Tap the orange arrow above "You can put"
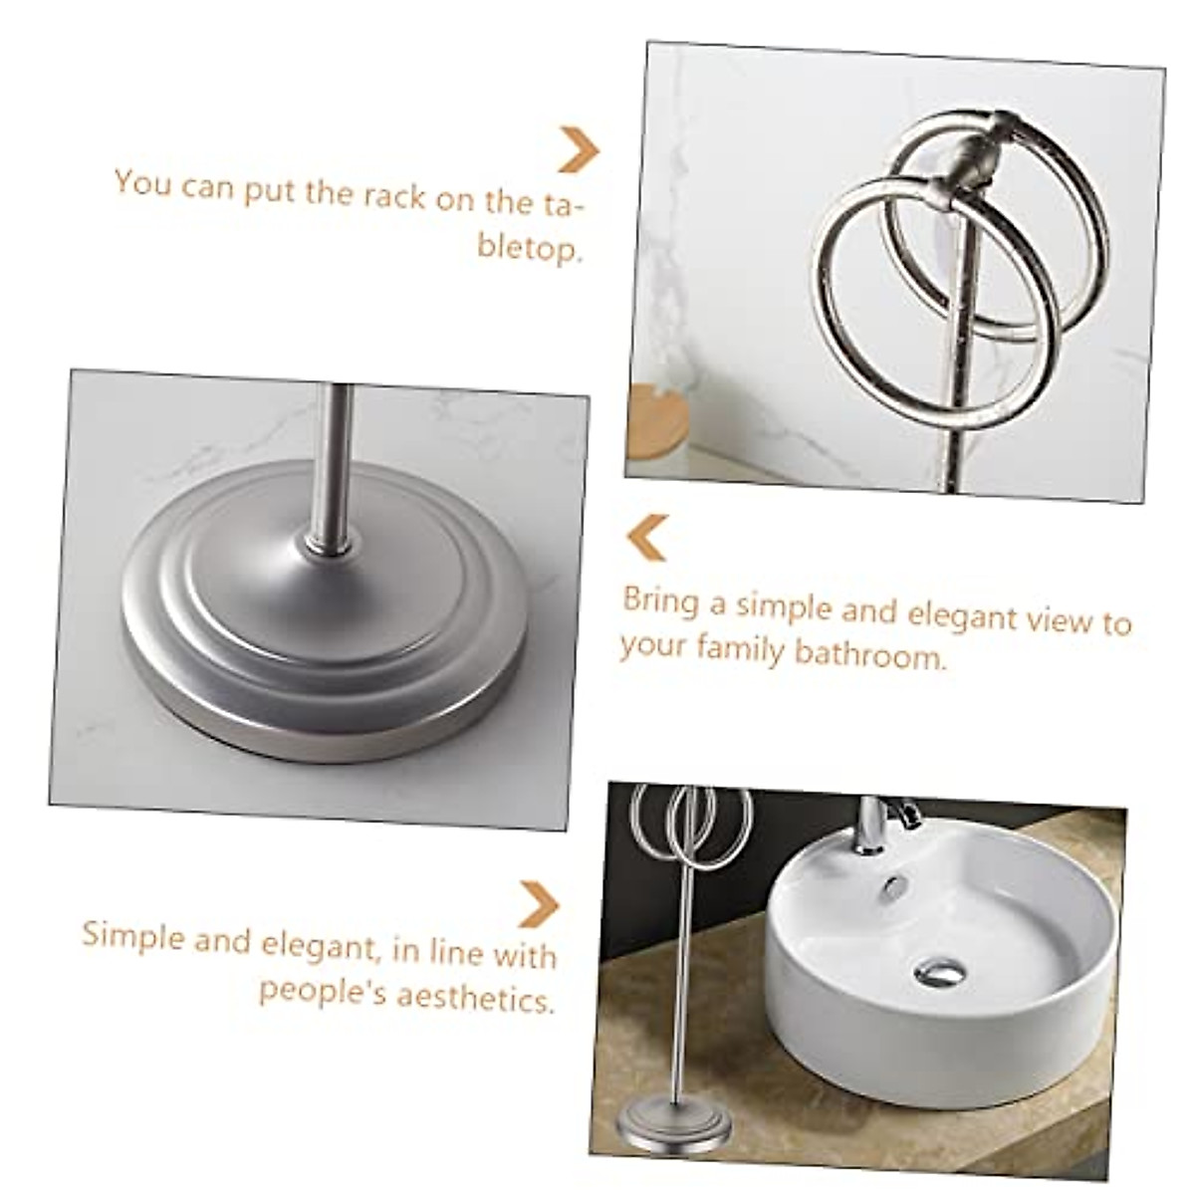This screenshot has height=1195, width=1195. (x=579, y=149)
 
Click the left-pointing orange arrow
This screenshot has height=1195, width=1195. (x=646, y=537)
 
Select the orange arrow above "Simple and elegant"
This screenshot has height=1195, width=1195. (x=539, y=904)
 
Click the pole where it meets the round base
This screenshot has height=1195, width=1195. (x=330, y=543)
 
